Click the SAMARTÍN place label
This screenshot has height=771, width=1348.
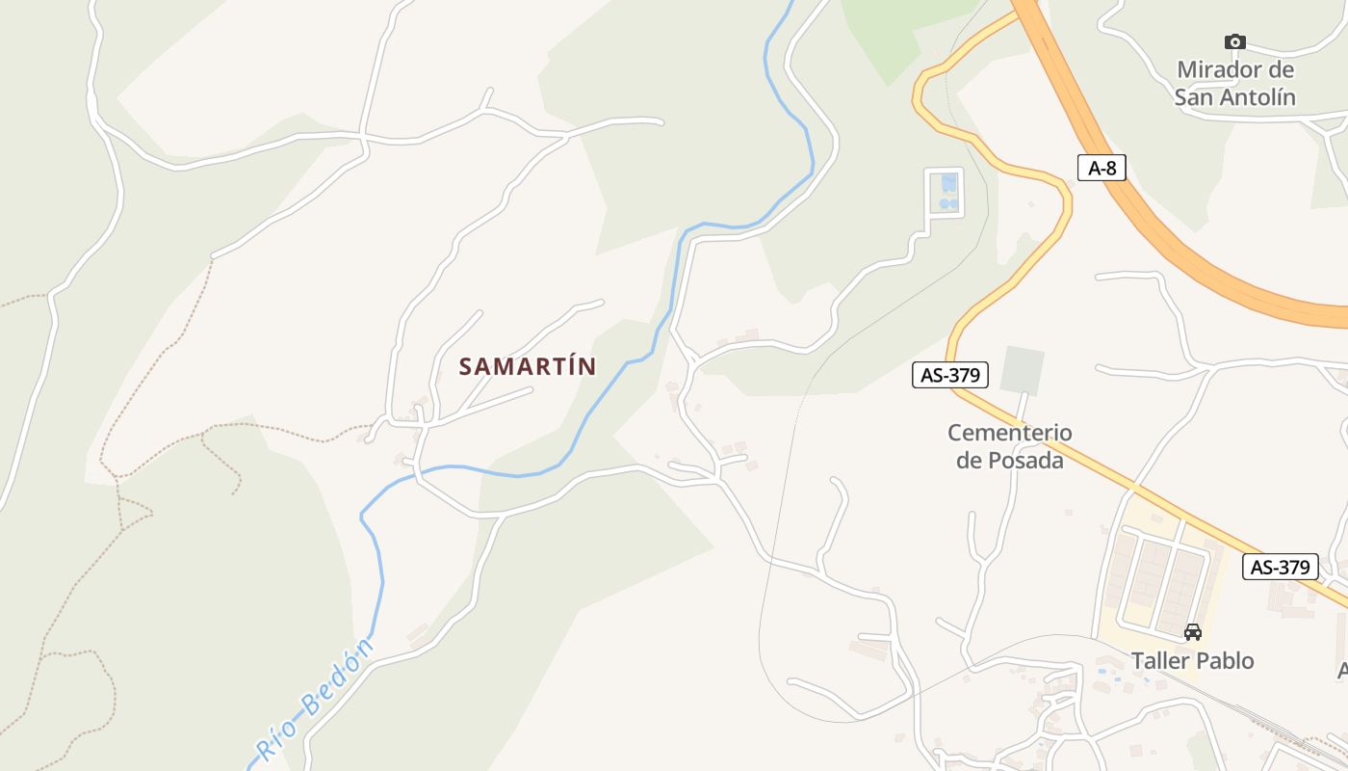coord(528,366)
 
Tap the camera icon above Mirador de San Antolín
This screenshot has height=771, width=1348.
coord(1234,41)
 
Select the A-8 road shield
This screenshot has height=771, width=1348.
coord(1102,168)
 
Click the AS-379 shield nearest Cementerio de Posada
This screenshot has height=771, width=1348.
coord(950,375)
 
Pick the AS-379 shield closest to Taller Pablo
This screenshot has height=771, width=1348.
coord(1280,567)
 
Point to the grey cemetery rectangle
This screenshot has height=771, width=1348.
coord(1022,371)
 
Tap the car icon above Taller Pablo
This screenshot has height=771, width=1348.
coord(1192,632)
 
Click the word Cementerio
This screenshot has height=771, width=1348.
coord(1009,433)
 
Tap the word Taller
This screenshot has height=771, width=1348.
coord(1160,660)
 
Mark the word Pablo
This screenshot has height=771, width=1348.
coord(1225,660)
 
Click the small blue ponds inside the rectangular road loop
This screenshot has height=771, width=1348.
coord(948,192)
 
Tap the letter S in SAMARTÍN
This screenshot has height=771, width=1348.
coord(466,366)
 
